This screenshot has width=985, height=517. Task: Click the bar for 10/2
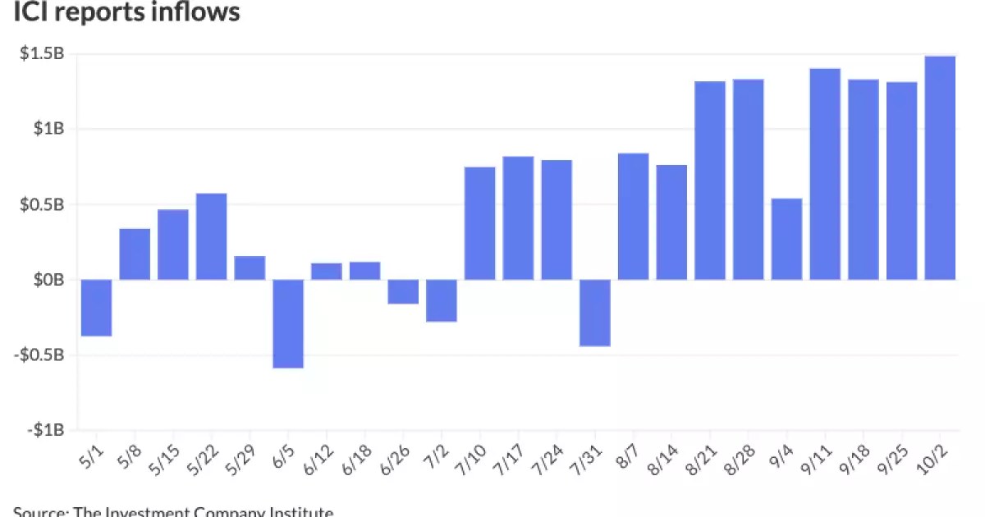click(941, 168)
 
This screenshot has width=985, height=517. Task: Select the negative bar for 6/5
click(289, 323)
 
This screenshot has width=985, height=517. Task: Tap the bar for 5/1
click(97, 308)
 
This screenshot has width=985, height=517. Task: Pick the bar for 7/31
click(595, 313)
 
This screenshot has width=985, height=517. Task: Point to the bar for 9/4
click(787, 239)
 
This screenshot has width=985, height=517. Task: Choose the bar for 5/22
click(212, 236)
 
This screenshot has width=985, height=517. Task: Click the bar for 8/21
click(710, 181)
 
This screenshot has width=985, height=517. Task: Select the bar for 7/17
click(519, 217)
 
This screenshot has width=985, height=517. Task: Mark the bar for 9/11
click(825, 174)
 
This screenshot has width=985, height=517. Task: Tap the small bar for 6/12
click(327, 272)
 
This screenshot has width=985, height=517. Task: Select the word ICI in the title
click(31, 12)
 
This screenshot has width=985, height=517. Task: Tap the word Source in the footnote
click(39, 511)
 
